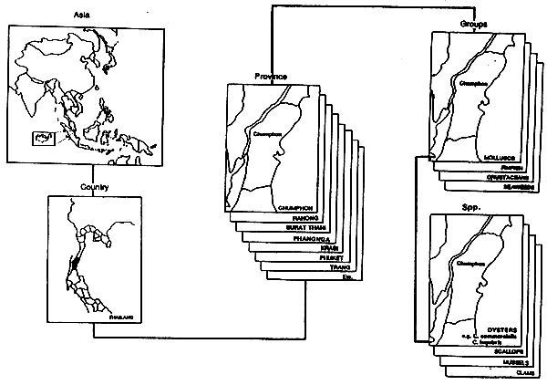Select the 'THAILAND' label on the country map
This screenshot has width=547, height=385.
119,317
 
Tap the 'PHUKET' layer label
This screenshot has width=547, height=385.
335,258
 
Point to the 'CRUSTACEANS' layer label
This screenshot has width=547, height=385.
511,176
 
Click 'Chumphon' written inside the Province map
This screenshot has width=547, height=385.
266,136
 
